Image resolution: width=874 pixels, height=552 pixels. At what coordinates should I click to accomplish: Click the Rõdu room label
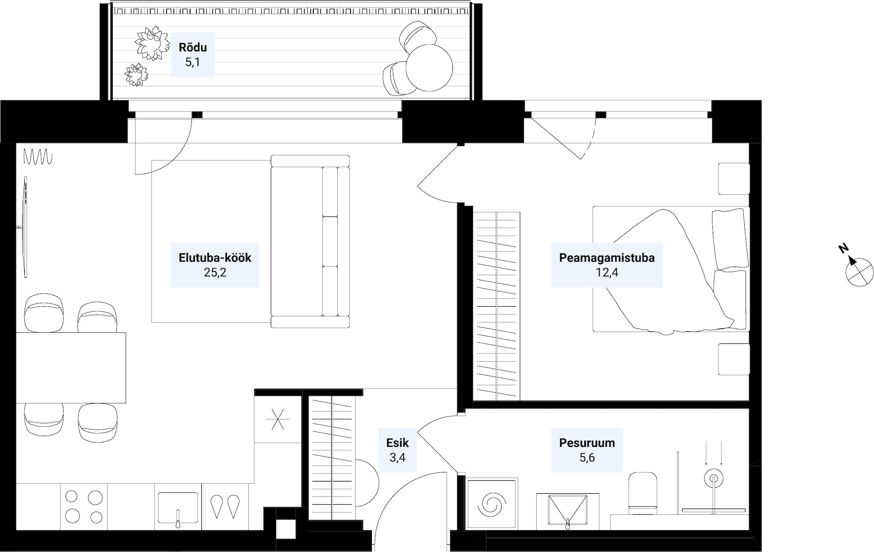(193, 47)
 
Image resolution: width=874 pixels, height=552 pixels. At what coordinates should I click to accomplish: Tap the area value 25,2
(215, 273)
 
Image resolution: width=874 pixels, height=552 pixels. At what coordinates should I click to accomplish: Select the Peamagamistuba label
(607, 258)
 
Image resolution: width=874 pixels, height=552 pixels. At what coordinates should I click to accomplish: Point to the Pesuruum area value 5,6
(587, 458)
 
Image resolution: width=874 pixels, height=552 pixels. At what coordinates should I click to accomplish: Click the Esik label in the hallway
(397, 443)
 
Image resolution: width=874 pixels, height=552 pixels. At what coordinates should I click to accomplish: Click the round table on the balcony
(429, 67)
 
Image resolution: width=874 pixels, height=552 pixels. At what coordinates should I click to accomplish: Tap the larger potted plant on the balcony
(152, 43)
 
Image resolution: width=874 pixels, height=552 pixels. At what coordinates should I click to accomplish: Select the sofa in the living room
(310, 241)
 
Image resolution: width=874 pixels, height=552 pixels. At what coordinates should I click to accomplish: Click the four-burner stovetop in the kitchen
(83, 507)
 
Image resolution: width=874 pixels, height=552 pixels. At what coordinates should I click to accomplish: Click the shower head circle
(713, 479)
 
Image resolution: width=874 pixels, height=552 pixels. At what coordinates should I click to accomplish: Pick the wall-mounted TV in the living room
(25, 227)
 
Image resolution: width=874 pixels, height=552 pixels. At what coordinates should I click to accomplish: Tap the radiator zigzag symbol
(38, 157)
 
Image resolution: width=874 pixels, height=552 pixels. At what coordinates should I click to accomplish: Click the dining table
(71, 367)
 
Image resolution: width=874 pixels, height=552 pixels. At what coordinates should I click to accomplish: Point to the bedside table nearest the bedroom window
(734, 178)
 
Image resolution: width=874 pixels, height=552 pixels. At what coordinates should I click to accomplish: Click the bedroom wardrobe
(496, 306)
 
